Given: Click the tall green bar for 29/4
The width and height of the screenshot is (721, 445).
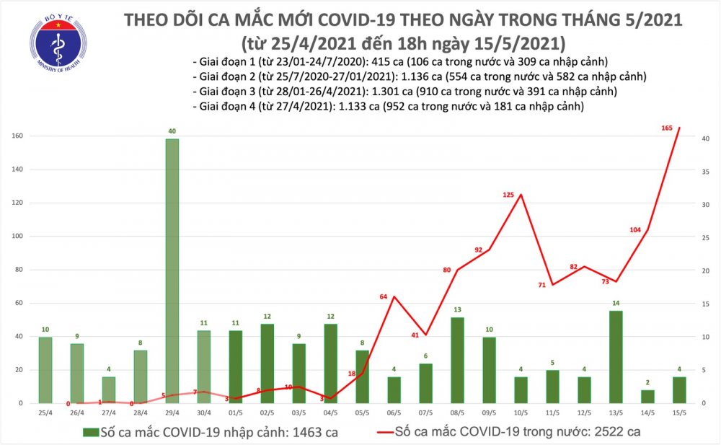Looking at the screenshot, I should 172,270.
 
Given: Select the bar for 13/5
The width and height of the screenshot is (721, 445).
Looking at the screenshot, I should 616,357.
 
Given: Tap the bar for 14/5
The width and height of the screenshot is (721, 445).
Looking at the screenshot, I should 647,396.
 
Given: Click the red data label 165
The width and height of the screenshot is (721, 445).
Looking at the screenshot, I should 667,128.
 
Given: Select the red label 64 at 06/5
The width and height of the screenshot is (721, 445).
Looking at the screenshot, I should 384,296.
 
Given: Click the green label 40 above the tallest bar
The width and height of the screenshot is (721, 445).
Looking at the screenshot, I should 172,131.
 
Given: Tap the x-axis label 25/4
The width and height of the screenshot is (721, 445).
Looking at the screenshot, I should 45,414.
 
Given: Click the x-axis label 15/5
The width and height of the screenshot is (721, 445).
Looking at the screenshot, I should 679,414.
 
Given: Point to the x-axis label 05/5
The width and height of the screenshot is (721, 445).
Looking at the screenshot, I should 362,414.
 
